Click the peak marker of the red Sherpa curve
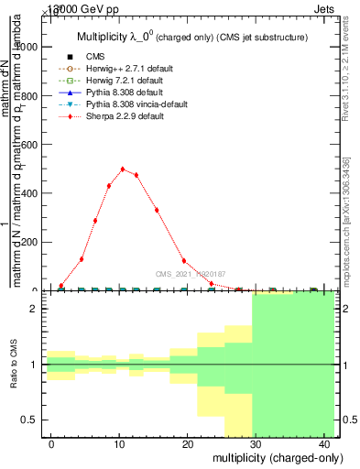pos(123,169)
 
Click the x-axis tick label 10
pos(119,443)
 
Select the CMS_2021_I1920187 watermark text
pos(191,274)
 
